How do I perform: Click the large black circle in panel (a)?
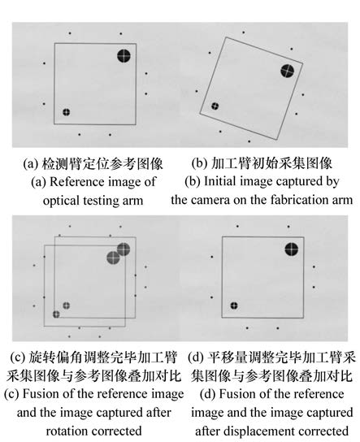point(124,55)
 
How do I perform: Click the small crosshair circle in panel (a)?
point(67,112)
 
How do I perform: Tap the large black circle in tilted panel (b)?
point(287,71)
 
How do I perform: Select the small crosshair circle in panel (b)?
point(215,106)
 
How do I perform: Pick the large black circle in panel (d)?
point(292,249)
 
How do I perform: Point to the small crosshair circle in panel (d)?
point(234,305)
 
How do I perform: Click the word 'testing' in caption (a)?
point(98,201)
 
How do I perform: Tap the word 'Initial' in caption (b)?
point(217,181)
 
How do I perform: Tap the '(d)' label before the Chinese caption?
point(196,357)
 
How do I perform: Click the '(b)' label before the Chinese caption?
point(200,163)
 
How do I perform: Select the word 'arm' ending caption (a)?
point(133,201)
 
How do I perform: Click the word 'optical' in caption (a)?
point(62,201)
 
